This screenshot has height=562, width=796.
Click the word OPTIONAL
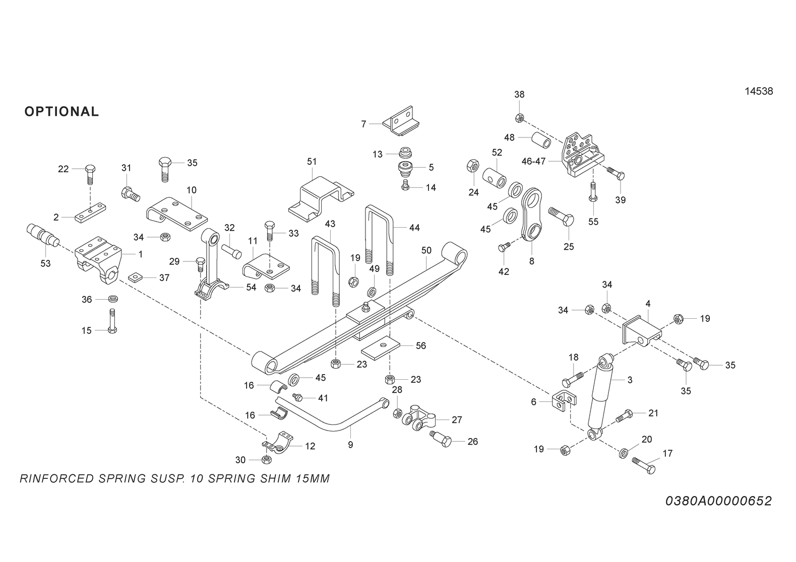point(62,111)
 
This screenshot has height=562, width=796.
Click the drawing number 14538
point(759,91)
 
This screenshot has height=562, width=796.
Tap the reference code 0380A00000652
point(718,501)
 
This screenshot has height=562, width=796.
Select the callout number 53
point(45,263)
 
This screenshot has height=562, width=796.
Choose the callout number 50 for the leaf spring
point(426,250)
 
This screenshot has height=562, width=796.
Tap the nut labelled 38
point(520,118)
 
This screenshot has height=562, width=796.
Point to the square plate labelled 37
point(135,276)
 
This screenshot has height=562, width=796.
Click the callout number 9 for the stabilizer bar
point(350,445)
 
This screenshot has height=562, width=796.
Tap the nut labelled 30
point(266,459)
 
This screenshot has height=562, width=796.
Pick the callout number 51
point(312,162)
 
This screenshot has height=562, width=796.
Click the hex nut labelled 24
point(473,165)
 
